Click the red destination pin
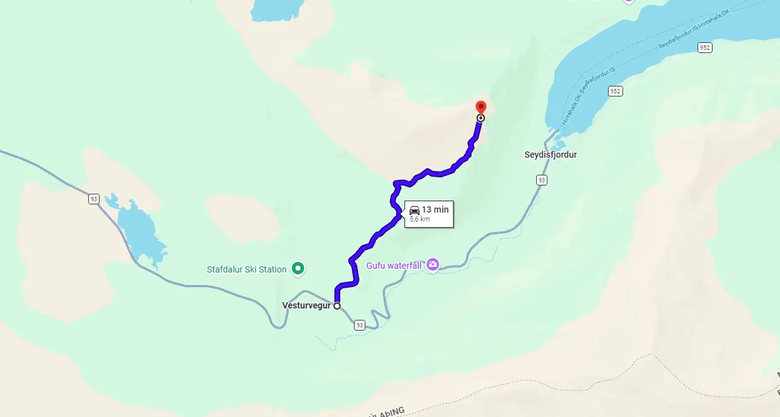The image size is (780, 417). [481, 108]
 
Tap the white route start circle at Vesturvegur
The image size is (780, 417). [337, 306]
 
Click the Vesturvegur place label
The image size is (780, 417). [307, 306]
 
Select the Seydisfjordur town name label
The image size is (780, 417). [550, 155]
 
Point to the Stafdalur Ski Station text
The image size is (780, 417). [246, 269]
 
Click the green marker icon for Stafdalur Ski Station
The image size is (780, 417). [299, 269]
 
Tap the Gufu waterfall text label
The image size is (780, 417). [394, 266]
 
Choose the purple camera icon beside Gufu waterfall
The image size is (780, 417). [432, 265]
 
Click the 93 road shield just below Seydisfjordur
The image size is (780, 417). [541, 180]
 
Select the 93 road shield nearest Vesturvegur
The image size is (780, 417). [359, 326]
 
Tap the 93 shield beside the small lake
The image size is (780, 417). [94, 199]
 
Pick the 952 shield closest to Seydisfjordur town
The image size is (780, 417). [616, 91]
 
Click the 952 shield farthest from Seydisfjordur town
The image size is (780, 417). [704, 48]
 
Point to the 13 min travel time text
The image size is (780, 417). [435, 209]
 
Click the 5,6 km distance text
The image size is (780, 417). [420, 220]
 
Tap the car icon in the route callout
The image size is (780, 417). [415, 209]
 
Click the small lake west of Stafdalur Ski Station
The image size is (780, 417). [142, 233]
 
